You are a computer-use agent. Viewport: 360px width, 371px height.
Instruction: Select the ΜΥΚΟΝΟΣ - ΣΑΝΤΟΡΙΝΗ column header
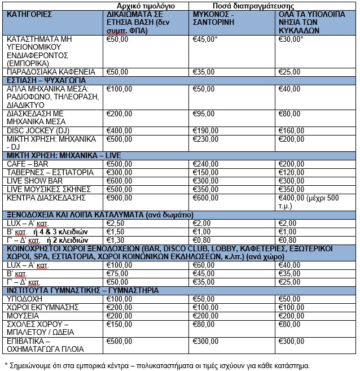tap(213, 19)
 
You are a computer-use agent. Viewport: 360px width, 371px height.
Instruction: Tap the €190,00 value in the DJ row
tap(207, 130)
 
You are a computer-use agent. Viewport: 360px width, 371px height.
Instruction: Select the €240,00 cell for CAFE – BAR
tap(207, 164)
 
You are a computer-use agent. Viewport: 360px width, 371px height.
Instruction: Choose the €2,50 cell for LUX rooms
tap(116, 223)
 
